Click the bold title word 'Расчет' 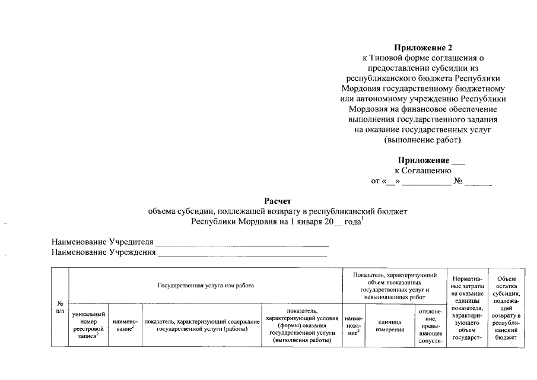click(x=278, y=201)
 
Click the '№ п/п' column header click(x=60, y=307)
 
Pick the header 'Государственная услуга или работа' click(x=206, y=286)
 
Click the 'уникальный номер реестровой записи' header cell click(x=88, y=325)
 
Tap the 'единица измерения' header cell click(x=389, y=325)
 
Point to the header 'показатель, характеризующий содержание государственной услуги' click(x=202, y=325)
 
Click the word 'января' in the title click(x=310, y=222)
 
